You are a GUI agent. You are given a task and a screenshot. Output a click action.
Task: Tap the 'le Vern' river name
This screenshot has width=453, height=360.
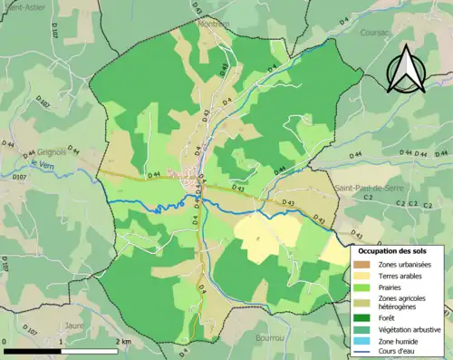point(42,164)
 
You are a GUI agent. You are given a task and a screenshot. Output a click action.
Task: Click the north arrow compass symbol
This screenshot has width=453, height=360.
point(409,68)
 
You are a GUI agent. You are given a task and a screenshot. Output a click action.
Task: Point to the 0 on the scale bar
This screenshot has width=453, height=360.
point(5,342)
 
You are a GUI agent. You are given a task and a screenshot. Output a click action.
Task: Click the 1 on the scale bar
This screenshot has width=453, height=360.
point(60,342)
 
